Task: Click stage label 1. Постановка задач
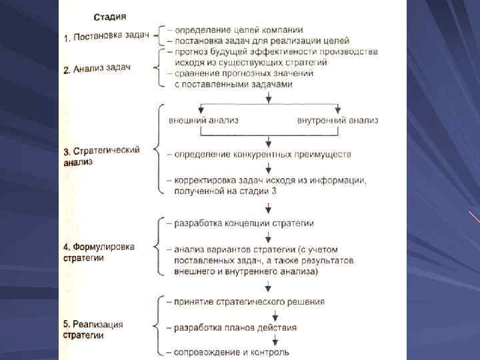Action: (x=107, y=37)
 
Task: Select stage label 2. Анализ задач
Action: (x=100, y=68)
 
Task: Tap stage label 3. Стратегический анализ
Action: (x=101, y=155)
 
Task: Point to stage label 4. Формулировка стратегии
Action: (x=99, y=252)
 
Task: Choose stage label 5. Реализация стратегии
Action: (x=93, y=329)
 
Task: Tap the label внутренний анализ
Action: (x=337, y=120)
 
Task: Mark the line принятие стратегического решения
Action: (x=249, y=301)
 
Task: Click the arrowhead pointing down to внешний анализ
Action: (x=201, y=109)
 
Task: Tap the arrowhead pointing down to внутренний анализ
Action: (x=338, y=109)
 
